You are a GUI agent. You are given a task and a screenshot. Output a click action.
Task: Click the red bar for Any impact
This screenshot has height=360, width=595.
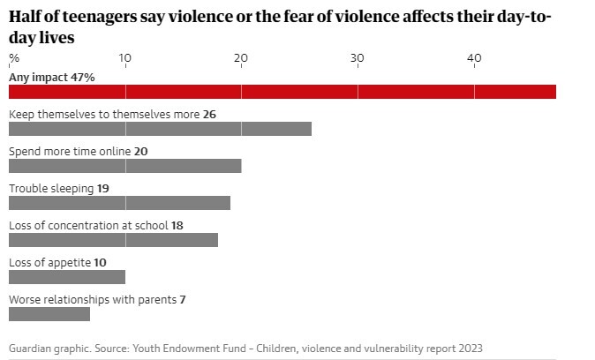click(x=282, y=92)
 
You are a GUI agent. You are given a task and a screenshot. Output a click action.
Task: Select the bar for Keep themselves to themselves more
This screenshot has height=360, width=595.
click(x=160, y=129)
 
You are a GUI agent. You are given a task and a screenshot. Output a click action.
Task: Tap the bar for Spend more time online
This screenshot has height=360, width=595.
click(x=124, y=166)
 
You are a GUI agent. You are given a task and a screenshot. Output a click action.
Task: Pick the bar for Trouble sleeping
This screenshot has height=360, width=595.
click(x=119, y=203)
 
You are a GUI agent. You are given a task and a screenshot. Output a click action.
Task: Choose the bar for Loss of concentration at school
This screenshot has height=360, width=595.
click(x=113, y=240)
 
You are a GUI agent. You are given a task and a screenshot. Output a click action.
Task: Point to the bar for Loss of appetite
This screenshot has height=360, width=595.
click(x=67, y=277)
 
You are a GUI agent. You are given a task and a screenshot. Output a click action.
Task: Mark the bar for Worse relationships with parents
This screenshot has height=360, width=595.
click(x=49, y=314)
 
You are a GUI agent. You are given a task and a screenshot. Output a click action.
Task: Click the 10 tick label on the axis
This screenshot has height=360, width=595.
click(x=125, y=58)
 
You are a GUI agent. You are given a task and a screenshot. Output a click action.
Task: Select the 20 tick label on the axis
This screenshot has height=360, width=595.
click(x=241, y=58)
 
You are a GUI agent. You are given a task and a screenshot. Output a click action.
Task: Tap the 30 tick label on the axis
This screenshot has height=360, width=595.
click(x=358, y=58)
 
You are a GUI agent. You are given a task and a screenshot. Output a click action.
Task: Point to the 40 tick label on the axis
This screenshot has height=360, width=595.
click(x=474, y=58)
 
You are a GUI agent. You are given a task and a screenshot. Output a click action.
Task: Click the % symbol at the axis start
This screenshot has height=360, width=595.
click(x=13, y=58)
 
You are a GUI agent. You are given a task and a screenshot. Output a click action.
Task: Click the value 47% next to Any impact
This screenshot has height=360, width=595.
click(x=82, y=78)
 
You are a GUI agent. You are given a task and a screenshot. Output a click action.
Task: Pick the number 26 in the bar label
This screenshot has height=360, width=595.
click(x=209, y=115)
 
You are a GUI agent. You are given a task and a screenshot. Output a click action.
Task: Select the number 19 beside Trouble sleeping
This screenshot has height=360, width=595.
click(x=103, y=189)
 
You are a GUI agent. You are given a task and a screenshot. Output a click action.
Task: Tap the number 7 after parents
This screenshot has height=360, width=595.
click(x=183, y=300)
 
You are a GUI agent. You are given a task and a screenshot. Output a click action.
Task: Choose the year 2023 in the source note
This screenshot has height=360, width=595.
click(x=470, y=348)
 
